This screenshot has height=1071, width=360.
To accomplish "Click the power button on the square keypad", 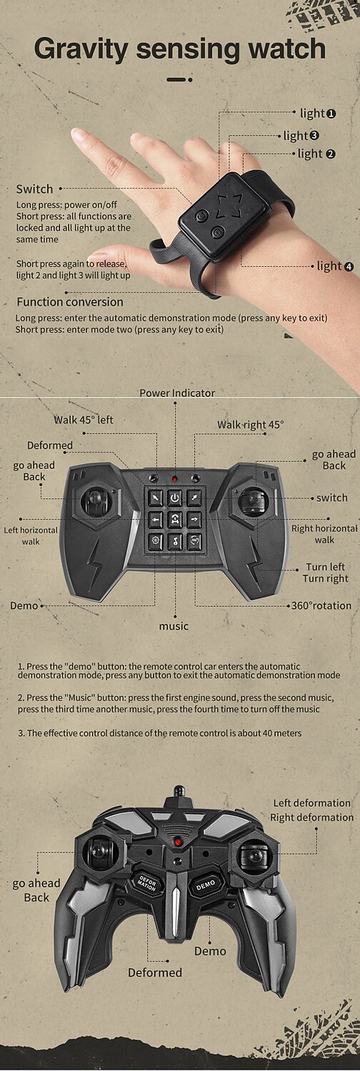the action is click(x=174, y=498).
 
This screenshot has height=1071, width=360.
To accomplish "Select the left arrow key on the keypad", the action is click(x=156, y=519).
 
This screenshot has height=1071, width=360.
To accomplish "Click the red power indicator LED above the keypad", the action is click(x=175, y=478).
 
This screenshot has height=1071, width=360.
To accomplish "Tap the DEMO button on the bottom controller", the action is click(x=206, y=885).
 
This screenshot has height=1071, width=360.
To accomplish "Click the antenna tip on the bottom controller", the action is click(x=179, y=788).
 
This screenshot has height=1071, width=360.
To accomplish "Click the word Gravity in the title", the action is click(x=81, y=50).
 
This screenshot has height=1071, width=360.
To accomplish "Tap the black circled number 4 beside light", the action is click(x=349, y=267).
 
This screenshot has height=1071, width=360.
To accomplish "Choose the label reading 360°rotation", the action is click(x=321, y=605).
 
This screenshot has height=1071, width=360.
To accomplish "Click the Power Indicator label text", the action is click(x=177, y=393).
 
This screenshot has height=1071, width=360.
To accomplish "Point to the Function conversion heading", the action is click(x=70, y=302).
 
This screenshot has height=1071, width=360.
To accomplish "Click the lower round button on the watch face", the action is click(x=218, y=233).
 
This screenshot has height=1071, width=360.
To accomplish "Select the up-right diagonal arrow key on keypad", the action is click(x=194, y=498).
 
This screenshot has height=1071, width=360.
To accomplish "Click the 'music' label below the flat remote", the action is click(x=174, y=626).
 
